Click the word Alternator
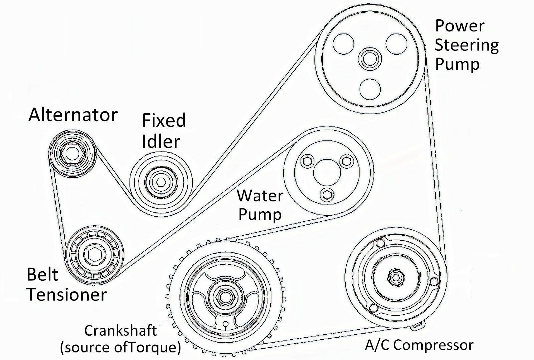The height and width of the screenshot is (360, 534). (73, 115)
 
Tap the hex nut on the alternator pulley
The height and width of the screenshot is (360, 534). (70, 153)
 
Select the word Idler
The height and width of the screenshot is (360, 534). (161, 141)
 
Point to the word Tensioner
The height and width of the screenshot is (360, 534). (67, 295)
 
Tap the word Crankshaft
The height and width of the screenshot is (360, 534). (120, 331)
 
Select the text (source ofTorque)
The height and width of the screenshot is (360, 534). (120, 347)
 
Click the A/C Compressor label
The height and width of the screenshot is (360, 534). (419, 345)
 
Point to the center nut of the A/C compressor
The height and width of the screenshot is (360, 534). (395, 277)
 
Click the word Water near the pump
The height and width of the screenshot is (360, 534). (260, 196)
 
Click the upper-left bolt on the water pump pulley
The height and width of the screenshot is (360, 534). (306, 161)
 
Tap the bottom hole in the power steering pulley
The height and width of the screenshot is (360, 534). (370, 89)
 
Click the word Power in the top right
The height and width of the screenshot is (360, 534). (460, 26)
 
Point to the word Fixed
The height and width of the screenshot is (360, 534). (164, 121)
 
